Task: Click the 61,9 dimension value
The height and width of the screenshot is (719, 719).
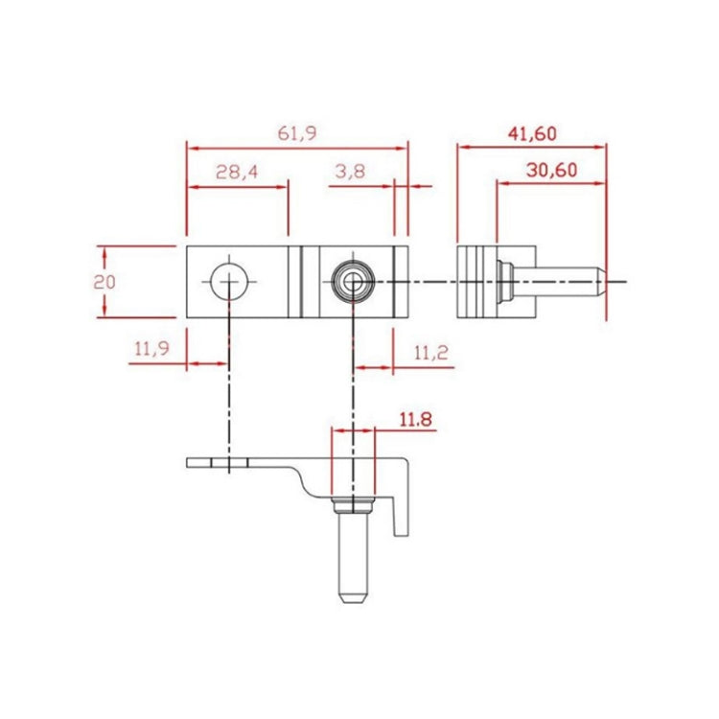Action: (296, 134)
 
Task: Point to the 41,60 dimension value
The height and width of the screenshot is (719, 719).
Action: (531, 133)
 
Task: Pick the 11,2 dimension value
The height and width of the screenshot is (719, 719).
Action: (430, 353)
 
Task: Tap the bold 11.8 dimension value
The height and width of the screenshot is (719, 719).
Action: (416, 419)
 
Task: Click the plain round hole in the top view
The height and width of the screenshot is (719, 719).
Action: (230, 282)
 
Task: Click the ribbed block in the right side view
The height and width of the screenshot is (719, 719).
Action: (476, 282)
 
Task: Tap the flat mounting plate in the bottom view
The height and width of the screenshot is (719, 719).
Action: (235, 464)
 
